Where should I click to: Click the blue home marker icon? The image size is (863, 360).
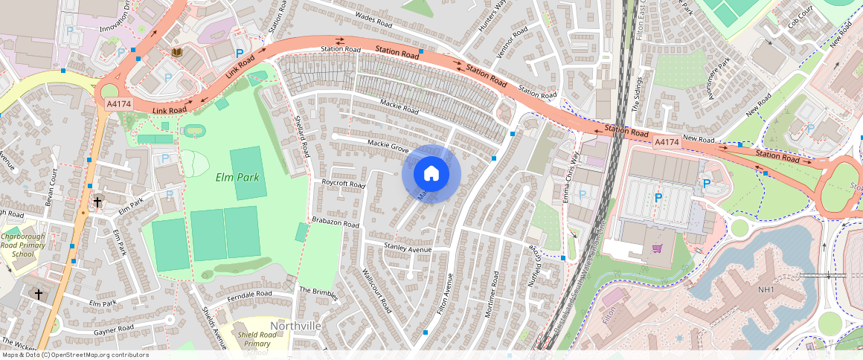[431, 174]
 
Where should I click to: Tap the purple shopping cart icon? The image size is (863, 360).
[657, 248]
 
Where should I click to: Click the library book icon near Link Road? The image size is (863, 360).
[177, 52]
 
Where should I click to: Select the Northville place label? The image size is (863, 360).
[295, 326]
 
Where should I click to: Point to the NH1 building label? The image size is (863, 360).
[766, 289]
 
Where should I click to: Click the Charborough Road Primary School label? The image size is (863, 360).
[22, 245]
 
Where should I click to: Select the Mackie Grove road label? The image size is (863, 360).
[388, 145]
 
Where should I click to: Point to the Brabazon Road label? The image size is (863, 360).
[336, 224]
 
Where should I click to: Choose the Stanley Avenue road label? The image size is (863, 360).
[408, 248]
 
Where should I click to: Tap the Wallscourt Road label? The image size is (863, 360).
[375, 290]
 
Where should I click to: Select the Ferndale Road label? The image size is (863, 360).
[249, 295]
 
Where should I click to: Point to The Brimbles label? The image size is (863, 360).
[318, 292]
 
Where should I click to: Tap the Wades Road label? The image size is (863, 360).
[374, 17]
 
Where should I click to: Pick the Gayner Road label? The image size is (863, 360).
[114, 328]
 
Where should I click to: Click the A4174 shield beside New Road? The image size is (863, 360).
[667, 141]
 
